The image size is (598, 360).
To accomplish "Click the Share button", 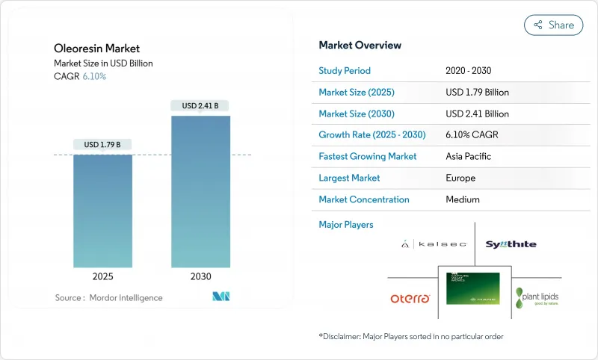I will (553, 25).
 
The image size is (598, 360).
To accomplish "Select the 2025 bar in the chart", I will (102, 211).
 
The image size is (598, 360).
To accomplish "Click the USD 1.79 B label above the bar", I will (102, 144).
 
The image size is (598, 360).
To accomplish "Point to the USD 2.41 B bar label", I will (200, 106).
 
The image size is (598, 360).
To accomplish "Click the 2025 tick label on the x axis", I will (102, 276).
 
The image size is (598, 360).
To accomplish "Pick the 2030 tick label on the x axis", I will (200, 276).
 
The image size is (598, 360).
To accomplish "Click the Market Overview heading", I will (360, 46).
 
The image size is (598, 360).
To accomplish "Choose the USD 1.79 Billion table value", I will (477, 93).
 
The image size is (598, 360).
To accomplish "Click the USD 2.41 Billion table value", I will (477, 114).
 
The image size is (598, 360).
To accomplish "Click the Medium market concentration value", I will (462, 199).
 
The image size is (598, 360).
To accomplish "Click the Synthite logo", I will (511, 244).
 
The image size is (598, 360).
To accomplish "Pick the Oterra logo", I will (410, 298).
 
